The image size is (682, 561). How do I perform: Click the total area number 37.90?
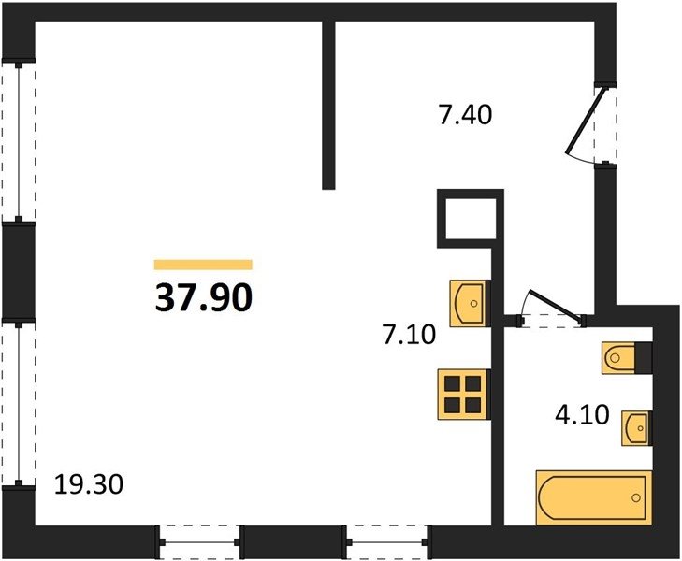[203, 298]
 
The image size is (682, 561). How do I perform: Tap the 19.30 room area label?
[89, 484]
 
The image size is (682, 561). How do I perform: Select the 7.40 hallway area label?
[465, 115]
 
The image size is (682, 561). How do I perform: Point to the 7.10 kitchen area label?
[409, 336]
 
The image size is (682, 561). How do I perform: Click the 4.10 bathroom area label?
[582, 414]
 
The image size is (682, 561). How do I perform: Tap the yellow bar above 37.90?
[203, 265]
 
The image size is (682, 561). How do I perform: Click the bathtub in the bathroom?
[594, 497]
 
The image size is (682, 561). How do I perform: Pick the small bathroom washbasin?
[637, 428]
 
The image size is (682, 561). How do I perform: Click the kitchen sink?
[470, 303]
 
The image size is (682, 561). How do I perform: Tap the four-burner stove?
[464, 395]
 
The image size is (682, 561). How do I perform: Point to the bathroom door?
[552, 309]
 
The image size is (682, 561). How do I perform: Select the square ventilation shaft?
[471, 218]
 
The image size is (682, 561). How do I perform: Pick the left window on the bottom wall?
[199, 542]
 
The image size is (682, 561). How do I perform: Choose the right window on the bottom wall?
[388, 542]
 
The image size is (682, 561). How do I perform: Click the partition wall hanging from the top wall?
[328, 105]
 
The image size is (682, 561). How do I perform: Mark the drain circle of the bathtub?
[637, 497]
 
